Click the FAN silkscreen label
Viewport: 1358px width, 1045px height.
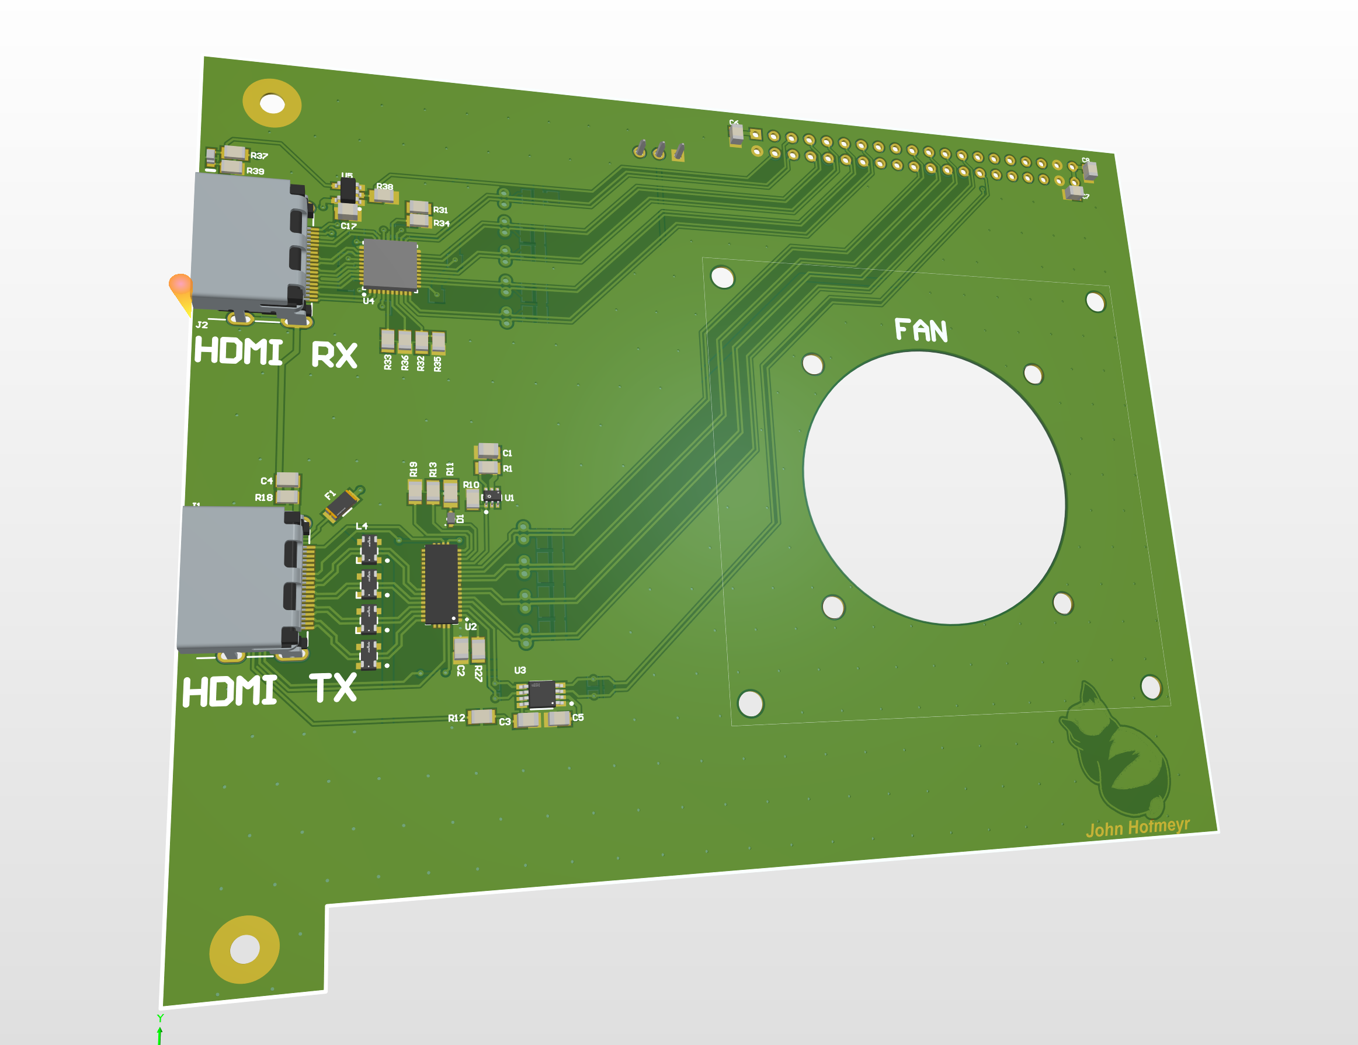(x=921, y=330)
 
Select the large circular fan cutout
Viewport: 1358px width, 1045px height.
(x=934, y=487)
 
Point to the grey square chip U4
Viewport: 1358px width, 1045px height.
(x=390, y=265)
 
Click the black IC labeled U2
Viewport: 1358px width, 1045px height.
(x=442, y=584)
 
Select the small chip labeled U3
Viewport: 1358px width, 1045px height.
(x=541, y=694)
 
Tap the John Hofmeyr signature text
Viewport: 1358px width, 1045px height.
(x=1137, y=827)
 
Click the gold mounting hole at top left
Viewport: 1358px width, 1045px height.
(x=272, y=103)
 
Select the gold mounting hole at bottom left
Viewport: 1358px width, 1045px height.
(x=244, y=949)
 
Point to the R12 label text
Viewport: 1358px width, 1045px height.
(x=456, y=718)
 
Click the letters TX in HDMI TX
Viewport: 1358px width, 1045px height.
(x=334, y=688)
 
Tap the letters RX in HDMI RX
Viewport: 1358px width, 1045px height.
(x=334, y=355)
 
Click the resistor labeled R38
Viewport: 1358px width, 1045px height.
(x=384, y=196)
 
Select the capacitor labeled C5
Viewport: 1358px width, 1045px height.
(x=558, y=719)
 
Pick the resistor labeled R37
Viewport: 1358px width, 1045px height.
(x=234, y=152)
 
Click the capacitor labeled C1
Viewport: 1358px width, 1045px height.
(x=488, y=450)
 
